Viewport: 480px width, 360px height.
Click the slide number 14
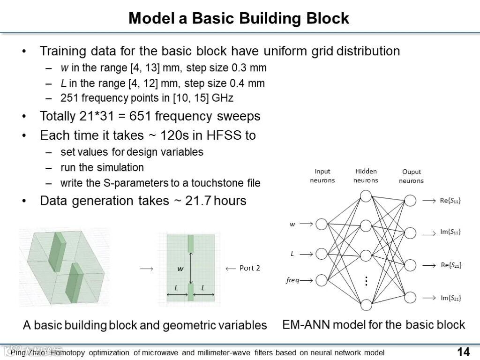pyautogui.click(x=463, y=352)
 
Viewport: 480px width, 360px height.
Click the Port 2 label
pyautogui.click(x=249, y=268)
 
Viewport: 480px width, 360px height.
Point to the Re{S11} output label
pyautogui.click(x=450, y=201)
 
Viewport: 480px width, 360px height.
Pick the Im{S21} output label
pyautogui.click(x=450, y=298)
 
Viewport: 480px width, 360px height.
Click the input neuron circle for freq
pyautogui.click(x=321, y=280)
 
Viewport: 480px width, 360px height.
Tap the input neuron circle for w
pyautogui.click(x=321, y=224)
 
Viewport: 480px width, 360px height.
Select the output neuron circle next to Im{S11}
pyautogui.click(x=410, y=232)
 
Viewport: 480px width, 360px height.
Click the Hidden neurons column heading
pyautogui.click(x=366, y=176)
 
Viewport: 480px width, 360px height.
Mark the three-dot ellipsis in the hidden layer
pyautogui.click(x=366, y=281)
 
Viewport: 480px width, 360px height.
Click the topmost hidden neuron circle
pyautogui.click(x=366, y=195)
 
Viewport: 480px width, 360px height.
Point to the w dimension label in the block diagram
pyautogui.click(x=180, y=269)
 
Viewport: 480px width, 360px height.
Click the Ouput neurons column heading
pyautogui.click(x=411, y=176)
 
